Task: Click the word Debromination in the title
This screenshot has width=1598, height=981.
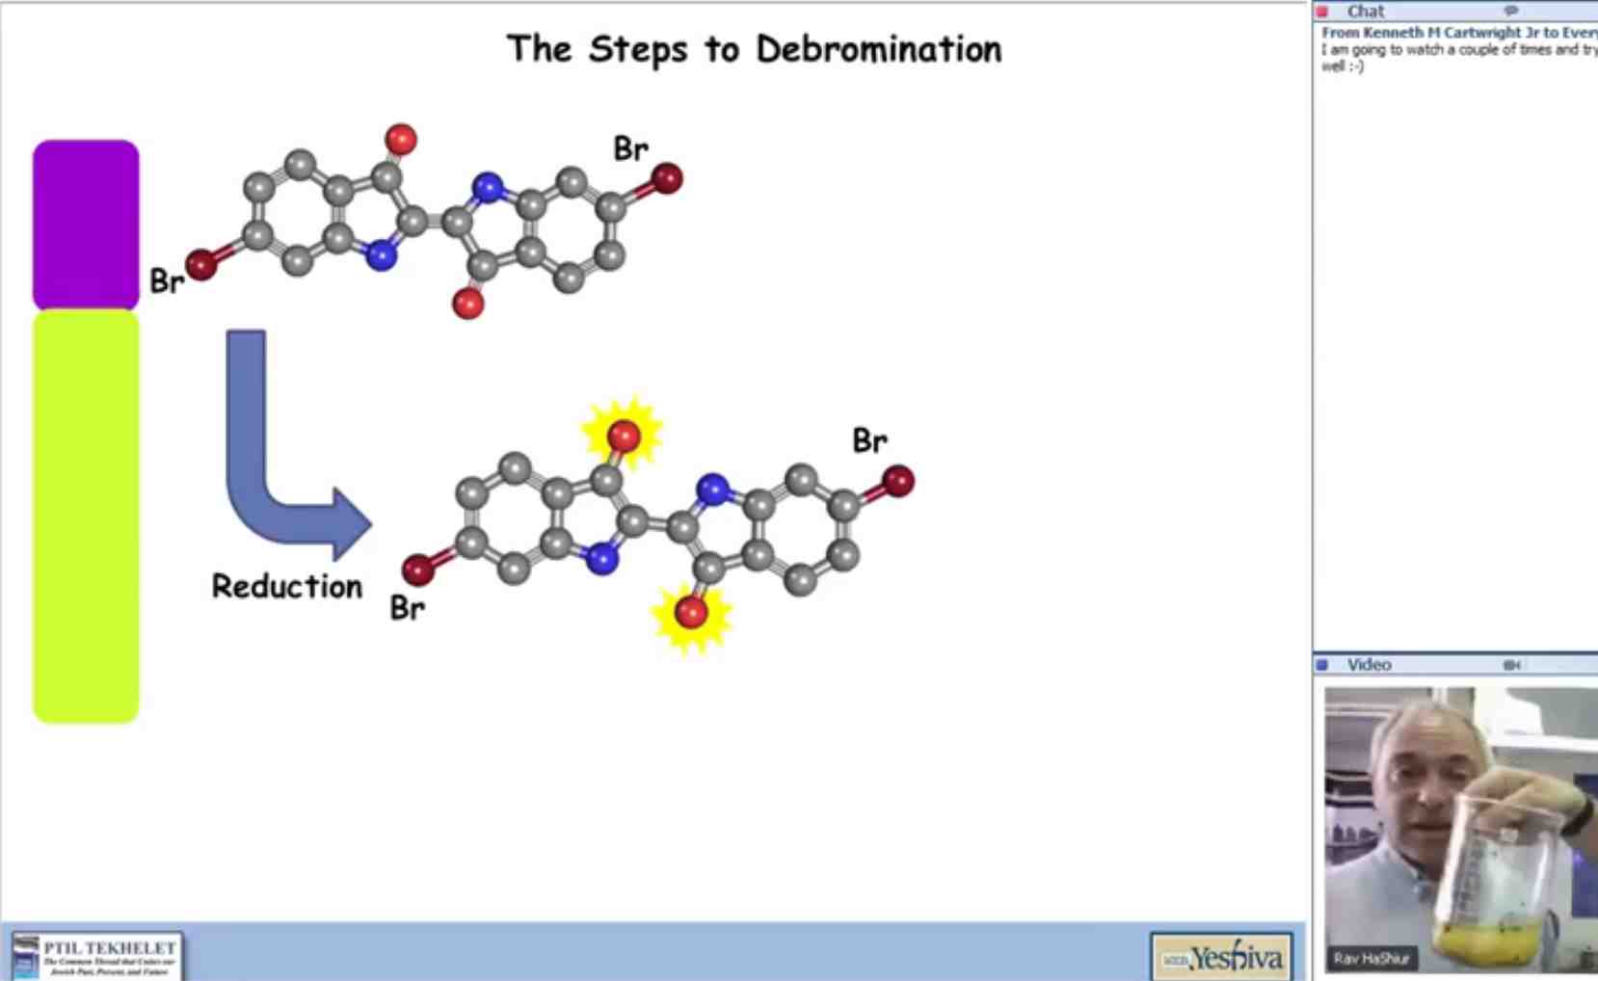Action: [878, 49]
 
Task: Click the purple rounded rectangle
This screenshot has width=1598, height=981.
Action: [86, 225]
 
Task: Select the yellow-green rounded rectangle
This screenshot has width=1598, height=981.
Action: [86, 516]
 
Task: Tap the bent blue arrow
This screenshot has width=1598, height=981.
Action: [280, 463]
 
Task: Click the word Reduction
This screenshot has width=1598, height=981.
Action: [286, 586]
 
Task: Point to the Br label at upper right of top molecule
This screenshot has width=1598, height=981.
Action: [631, 149]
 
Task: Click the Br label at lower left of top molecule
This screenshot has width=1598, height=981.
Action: [167, 281]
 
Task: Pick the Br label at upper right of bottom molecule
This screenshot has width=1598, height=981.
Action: [869, 441]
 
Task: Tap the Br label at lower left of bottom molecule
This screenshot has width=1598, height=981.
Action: [407, 608]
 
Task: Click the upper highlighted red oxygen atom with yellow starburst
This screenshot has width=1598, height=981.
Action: [624, 436]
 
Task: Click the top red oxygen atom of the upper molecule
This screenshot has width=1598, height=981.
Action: [401, 140]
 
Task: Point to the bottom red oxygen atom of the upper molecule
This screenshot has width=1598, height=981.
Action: [468, 305]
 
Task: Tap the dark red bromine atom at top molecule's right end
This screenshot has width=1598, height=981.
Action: [667, 178]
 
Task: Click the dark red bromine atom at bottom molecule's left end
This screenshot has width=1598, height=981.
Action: [418, 570]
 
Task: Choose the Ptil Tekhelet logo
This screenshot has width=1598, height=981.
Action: [96, 955]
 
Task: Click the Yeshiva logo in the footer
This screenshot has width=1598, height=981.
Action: [1222, 957]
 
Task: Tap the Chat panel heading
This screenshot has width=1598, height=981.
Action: [1365, 12]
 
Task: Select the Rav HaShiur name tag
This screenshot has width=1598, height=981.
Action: [1371, 958]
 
